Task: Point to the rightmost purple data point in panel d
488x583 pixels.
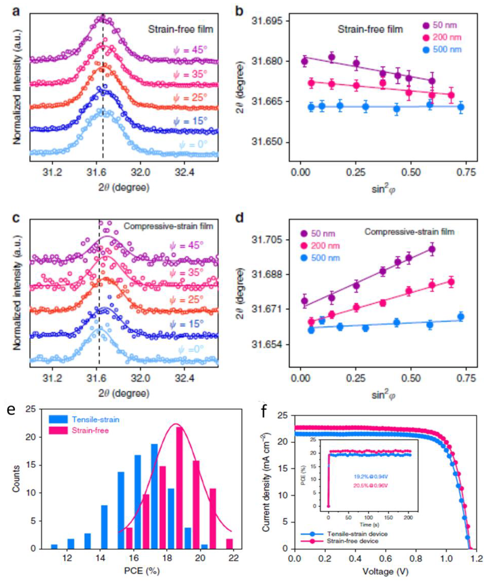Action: coord(432,249)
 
